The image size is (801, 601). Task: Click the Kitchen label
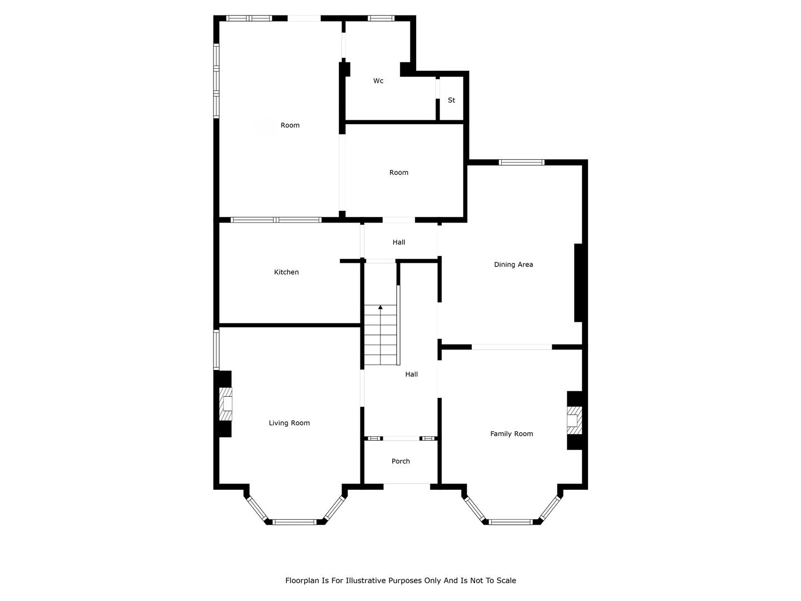pyautogui.click(x=286, y=272)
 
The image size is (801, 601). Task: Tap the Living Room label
pyautogui.click(x=289, y=423)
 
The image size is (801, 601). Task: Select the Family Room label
pyautogui.click(x=511, y=434)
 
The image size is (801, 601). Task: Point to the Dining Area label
pyautogui.click(x=513, y=264)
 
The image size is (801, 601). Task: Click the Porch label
pyautogui.click(x=400, y=461)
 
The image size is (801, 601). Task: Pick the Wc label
pyautogui.click(x=378, y=81)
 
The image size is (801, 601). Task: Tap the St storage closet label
pyautogui.click(x=452, y=100)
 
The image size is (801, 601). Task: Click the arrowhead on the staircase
pyautogui.click(x=380, y=307)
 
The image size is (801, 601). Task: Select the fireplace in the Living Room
pyautogui.click(x=225, y=404)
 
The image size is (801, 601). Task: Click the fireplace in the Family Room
pyautogui.click(x=575, y=421)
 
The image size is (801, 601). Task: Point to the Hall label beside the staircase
pyautogui.click(x=411, y=374)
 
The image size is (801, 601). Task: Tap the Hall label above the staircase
pyautogui.click(x=398, y=242)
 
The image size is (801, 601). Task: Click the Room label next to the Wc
pyautogui.click(x=290, y=125)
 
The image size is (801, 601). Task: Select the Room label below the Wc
pyautogui.click(x=398, y=173)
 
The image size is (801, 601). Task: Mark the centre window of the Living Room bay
pyautogui.click(x=294, y=522)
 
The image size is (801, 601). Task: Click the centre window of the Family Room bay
pyautogui.click(x=511, y=522)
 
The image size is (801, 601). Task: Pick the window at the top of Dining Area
pyautogui.click(x=521, y=162)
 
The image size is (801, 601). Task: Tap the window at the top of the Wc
pyautogui.click(x=380, y=18)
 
